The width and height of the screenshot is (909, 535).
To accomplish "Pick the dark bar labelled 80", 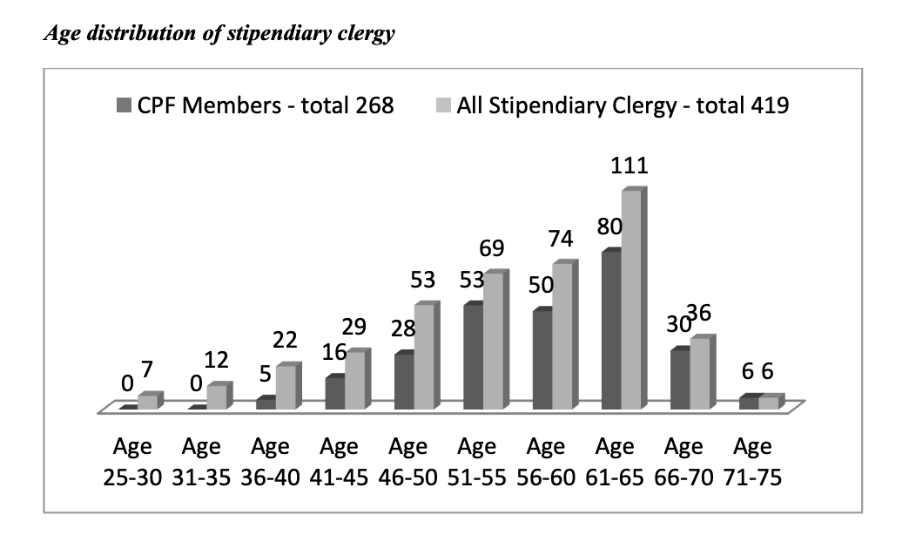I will (611, 330).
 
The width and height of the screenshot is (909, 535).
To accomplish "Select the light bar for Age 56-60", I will (562, 335).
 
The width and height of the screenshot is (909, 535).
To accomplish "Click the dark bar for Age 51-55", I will (474, 356).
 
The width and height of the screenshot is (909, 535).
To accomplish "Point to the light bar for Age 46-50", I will (424, 356).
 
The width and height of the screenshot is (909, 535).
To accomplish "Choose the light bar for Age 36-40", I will (286, 387).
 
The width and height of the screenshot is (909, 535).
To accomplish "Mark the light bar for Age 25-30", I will (148, 402).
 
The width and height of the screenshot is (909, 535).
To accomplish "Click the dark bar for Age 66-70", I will (680, 379).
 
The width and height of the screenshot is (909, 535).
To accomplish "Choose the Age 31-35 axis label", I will (202, 462).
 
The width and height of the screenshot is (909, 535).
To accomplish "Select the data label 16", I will (333, 354).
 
